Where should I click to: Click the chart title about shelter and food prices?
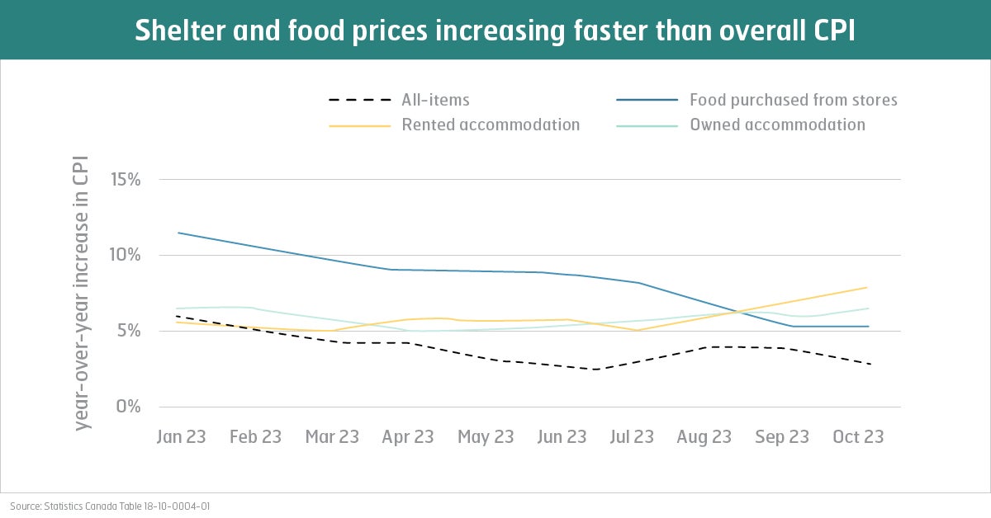coord(495,30)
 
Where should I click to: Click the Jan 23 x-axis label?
coord(181,436)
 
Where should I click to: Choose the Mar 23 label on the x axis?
coord(332,436)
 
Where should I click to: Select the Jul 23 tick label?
coord(632,436)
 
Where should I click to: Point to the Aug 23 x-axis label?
coord(704,436)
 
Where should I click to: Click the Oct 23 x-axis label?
coord(857,436)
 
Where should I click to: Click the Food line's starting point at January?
coord(178,233)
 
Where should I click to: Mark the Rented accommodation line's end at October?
coord(867,287)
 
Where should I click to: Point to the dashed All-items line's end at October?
coord(870,364)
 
